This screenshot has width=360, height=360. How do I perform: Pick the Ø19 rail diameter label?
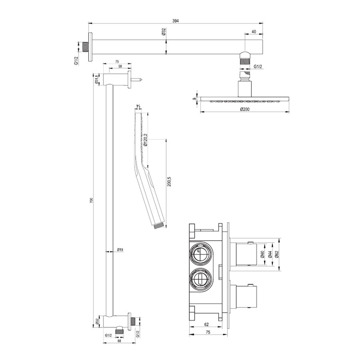[x=120, y=249]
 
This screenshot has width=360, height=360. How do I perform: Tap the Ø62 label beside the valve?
[x=276, y=255]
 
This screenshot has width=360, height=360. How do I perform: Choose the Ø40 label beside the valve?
[x=262, y=255]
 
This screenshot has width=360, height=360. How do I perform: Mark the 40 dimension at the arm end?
[x=254, y=31]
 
